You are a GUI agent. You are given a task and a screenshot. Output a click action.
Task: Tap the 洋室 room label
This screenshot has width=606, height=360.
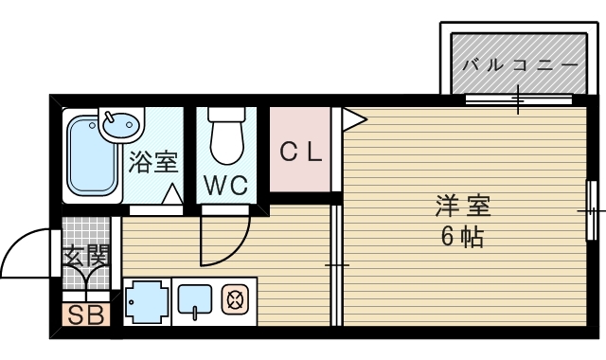[463, 204]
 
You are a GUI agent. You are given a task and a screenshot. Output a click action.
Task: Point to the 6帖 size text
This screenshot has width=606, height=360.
[462, 237]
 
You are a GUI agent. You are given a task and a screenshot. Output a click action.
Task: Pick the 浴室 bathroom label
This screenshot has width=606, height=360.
[152, 161]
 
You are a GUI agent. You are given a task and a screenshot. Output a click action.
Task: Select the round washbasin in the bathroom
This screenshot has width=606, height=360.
[120, 122]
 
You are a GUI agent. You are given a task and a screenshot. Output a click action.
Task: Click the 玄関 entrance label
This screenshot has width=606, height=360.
[86, 256]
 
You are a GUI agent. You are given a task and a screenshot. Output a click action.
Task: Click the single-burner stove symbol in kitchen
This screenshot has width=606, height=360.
[233, 302]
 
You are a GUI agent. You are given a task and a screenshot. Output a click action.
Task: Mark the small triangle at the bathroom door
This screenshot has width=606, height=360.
[172, 195]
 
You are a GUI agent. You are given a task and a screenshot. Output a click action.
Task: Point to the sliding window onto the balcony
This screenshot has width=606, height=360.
[518, 99]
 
